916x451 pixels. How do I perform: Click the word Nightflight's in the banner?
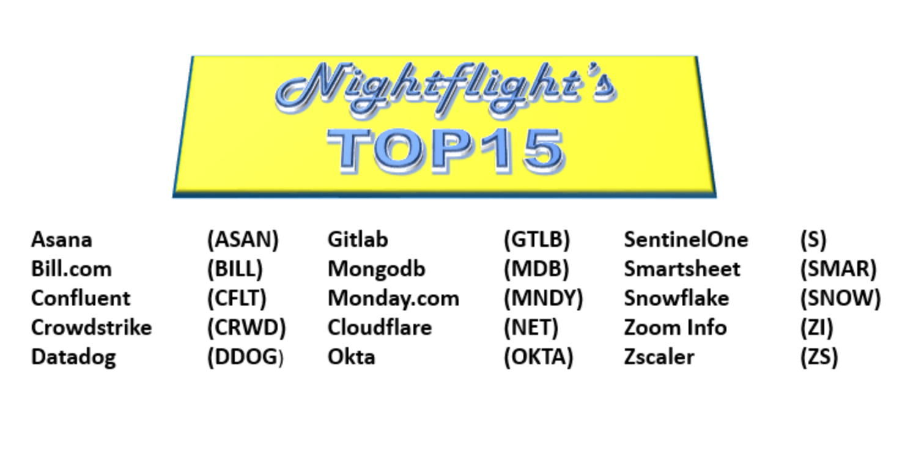click(x=446, y=90)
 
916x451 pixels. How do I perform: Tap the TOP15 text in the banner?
click(x=446, y=150)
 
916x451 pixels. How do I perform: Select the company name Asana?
click(x=62, y=240)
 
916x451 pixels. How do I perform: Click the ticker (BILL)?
click(x=235, y=269)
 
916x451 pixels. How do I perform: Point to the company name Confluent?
click(x=81, y=298)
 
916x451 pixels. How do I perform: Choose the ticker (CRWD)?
click(x=246, y=328)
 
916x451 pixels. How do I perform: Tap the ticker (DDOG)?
click(x=245, y=357)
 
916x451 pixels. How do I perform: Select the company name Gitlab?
click(x=358, y=240)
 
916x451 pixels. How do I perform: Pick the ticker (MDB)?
click(x=536, y=269)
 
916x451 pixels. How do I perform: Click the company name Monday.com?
click(x=394, y=298)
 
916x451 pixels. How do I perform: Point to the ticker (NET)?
click(x=531, y=328)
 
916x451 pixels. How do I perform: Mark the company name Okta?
click(x=351, y=357)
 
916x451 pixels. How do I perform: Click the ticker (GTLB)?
click(x=537, y=240)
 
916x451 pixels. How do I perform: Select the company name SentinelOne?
click(x=686, y=240)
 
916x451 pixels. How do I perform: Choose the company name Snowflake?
click(x=676, y=298)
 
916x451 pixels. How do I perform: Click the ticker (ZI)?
click(x=816, y=328)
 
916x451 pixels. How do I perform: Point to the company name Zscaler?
click(x=659, y=357)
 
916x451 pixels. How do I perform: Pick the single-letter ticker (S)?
click(x=813, y=240)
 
